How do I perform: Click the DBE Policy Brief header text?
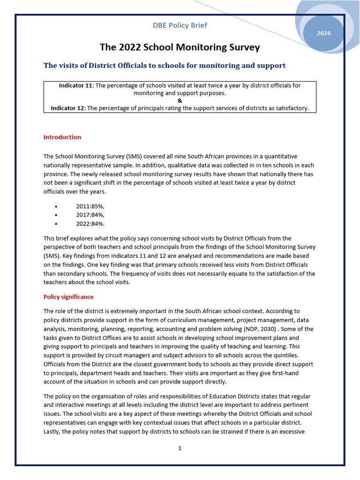[180, 25]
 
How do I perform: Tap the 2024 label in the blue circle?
[323, 33]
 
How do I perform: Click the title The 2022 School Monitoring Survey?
[180, 47]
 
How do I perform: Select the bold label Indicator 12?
[67, 108]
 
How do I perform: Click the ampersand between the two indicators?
[180, 101]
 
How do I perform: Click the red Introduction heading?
[62, 137]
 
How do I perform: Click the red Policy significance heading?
[68, 297]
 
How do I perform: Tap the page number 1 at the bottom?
[180, 448]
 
